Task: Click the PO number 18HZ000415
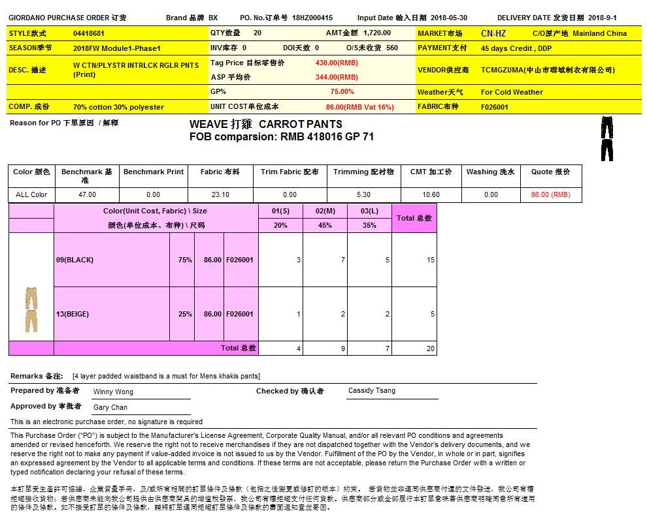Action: tap(312, 18)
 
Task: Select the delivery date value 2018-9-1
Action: tap(602, 18)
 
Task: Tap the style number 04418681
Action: tap(89, 33)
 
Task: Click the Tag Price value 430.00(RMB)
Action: tap(337, 63)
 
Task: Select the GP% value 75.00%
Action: tap(342, 92)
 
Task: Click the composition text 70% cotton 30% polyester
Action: tap(118, 107)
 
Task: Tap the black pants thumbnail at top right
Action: tap(606, 138)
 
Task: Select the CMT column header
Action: tap(431, 172)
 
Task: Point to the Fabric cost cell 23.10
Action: tap(220, 194)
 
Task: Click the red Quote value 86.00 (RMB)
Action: tap(550, 194)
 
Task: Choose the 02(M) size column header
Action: tap(325, 211)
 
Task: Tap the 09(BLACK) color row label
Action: tap(75, 260)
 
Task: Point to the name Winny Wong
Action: tap(113, 392)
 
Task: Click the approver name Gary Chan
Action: tap(110, 407)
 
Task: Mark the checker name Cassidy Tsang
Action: tap(371, 391)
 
